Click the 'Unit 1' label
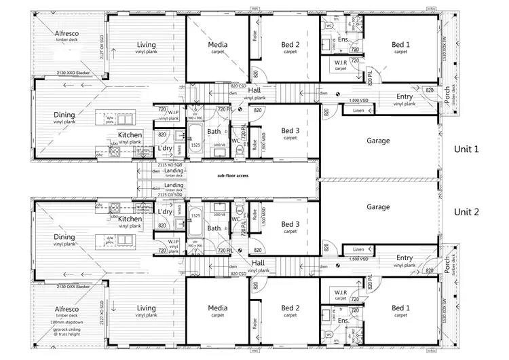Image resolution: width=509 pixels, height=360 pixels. [x=466, y=149]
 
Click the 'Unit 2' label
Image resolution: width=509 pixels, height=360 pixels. [x=466, y=212]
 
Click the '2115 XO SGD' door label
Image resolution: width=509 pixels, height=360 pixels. [x=169, y=165]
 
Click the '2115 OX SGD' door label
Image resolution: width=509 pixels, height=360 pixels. [x=169, y=194]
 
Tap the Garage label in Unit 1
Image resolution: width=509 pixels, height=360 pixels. [x=379, y=141]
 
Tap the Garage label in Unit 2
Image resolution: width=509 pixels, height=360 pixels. [x=379, y=207]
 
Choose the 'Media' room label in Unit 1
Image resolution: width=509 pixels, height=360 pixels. [x=218, y=45]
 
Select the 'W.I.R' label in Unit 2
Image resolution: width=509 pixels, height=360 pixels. [x=341, y=293]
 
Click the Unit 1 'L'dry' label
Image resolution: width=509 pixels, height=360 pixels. [x=164, y=148]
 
